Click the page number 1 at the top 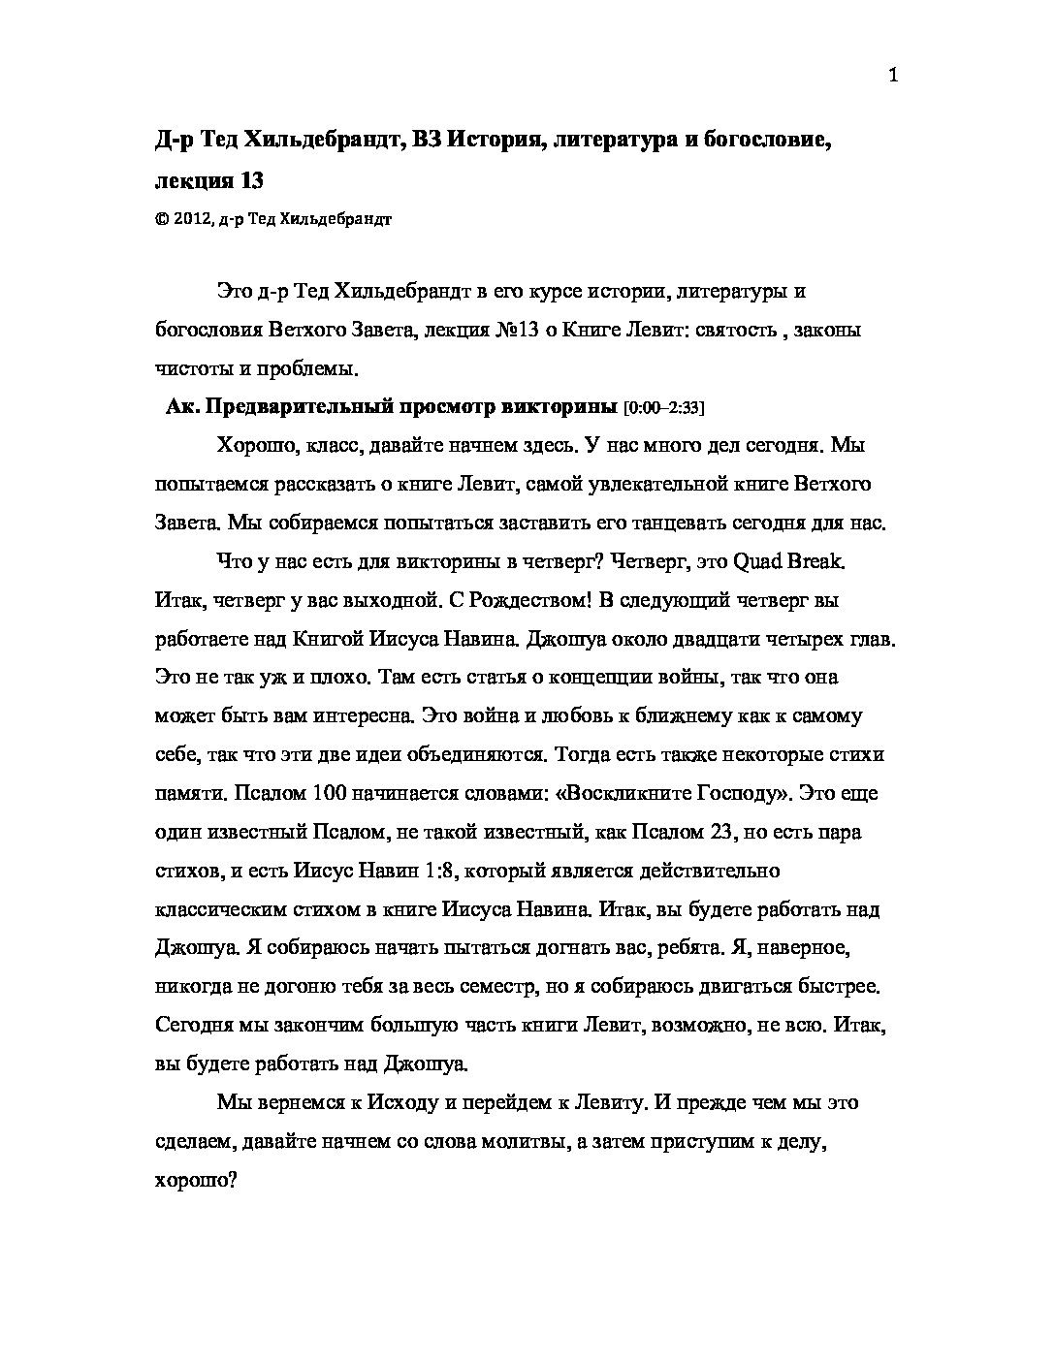click(893, 77)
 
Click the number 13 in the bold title click(249, 179)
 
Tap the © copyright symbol click(160, 220)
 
